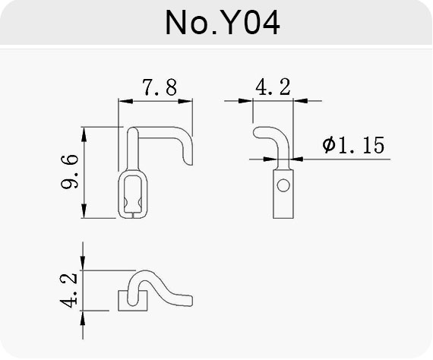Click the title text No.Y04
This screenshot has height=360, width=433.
click(x=223, y=23)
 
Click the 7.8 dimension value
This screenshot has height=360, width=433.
click(x=160, y=87)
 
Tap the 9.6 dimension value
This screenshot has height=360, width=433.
click(x=69, y=172)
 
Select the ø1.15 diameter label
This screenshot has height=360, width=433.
click(x=353, y=144)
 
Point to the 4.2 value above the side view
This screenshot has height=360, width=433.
click(x=273, y=87)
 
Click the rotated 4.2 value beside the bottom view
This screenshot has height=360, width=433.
click(x=68, y=290)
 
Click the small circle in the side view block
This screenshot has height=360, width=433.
click(x=283, y=185)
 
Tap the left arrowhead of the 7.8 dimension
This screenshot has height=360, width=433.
click(x=125, y=101)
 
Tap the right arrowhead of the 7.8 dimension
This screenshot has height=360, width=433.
click(x=185, y=101)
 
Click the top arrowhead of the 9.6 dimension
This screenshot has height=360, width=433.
click(x=84, y=134)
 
